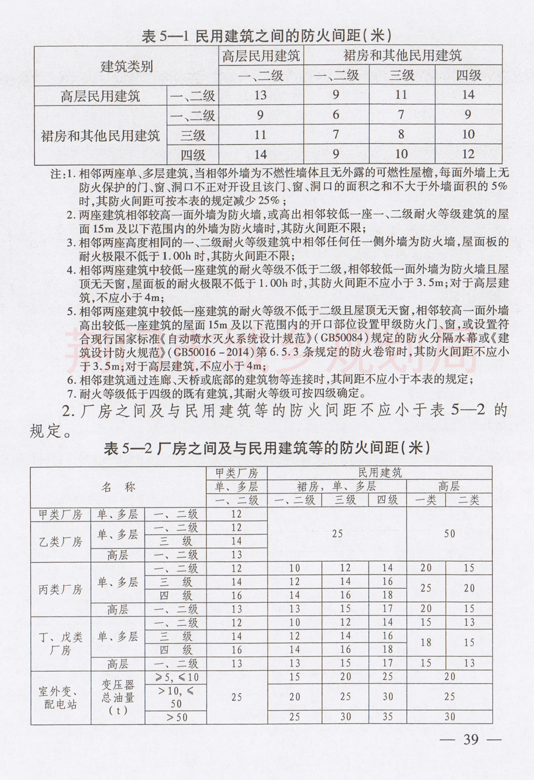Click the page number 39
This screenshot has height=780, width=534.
click(471, 740)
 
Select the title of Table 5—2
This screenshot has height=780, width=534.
click(267, 449)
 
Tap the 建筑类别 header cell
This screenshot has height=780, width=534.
click(127, 66)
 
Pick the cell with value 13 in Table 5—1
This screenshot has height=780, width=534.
click(260, 95)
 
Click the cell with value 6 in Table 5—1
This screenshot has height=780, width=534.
click(336, 115)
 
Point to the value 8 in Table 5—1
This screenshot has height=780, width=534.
click(402, 135)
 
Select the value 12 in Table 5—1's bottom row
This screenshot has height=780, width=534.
click(468, 154)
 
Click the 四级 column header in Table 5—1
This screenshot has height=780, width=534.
click(468, 76)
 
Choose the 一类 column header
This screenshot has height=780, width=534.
click(426, 500)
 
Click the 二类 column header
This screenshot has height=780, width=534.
click(469, 500)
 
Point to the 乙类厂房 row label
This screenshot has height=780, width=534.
click(60, 541)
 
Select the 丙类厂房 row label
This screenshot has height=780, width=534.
click(60, 589)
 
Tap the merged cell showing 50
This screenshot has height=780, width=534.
click(449, 534)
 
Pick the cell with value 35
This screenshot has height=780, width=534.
click(387, 717)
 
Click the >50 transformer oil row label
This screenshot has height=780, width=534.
click(177, 717)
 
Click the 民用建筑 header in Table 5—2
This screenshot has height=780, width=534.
click(380, 473)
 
